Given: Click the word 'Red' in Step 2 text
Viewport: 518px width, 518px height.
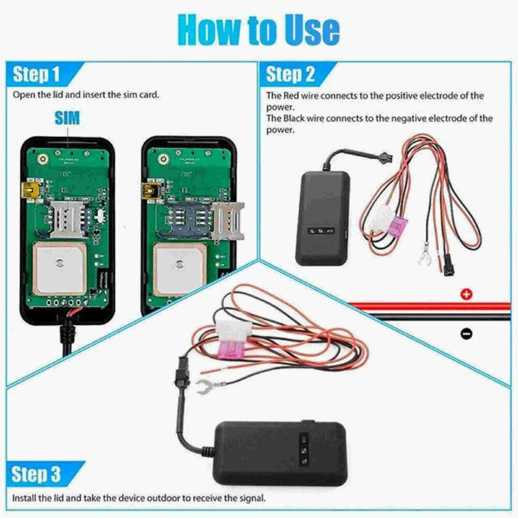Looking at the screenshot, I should (x=291, y=96).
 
